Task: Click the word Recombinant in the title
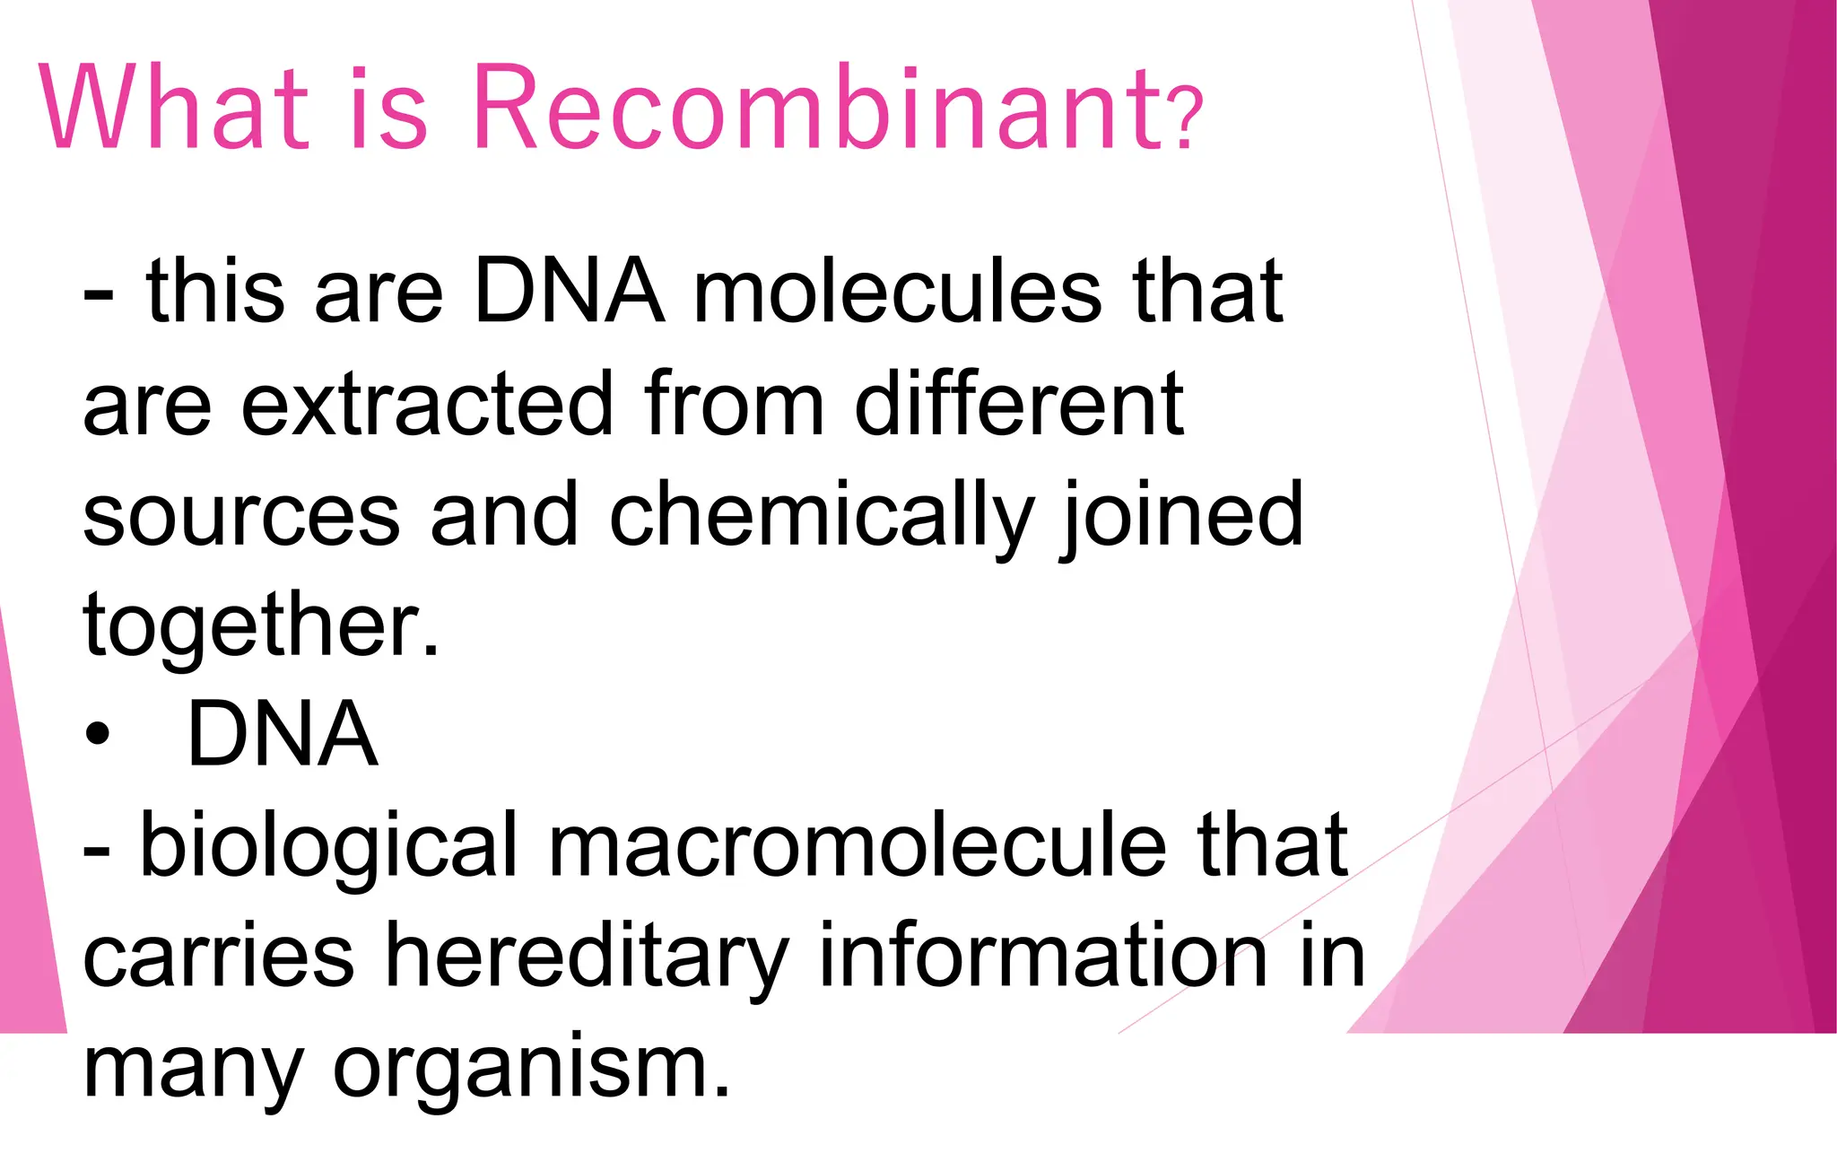pos(816,109)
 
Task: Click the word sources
pos(240,515)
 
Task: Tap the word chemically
pos(822,517)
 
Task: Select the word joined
pos(1182,515)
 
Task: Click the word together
pos(260,625)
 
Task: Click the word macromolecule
pos(858,845)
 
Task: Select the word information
pos(1042,957)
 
